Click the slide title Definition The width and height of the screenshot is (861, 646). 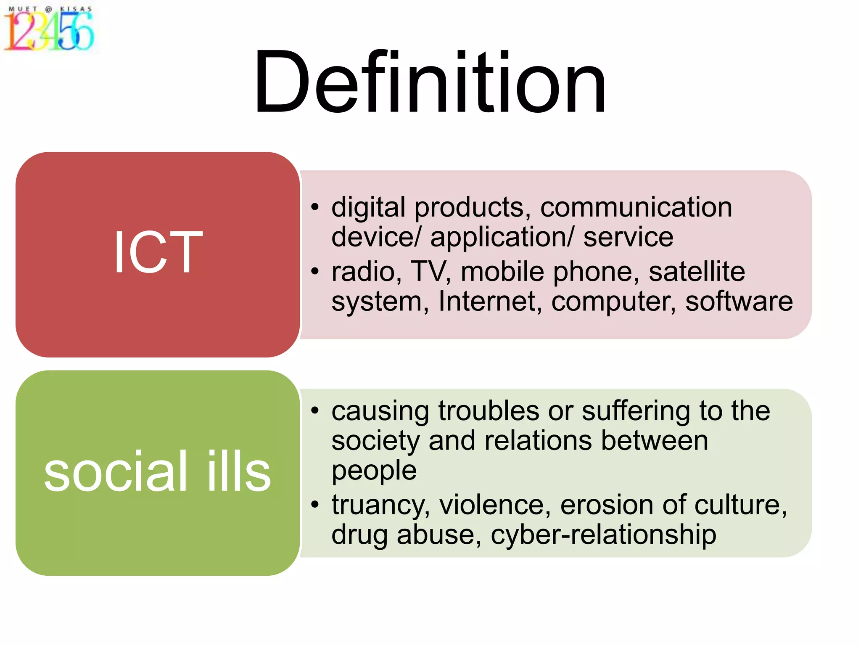click(430, 82)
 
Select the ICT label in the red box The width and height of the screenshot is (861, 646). click(158, 252)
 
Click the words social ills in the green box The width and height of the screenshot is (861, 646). click(158, 471)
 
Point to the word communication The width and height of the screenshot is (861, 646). click(636, 207)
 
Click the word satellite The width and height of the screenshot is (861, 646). click(697, 272)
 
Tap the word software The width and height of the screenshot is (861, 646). click(739, 302)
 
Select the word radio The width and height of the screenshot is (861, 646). click(364, 272)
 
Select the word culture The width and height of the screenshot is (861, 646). click(740, 505)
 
